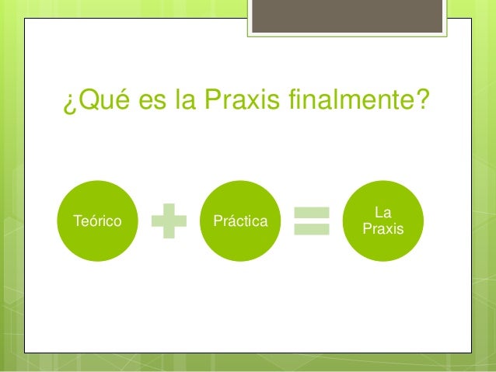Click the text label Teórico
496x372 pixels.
pyautogui.click(x=96, y=221)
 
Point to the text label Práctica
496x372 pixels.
pyautogui.click(x=239, y=221)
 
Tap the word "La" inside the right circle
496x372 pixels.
pyautogui.click(x=382, y=212)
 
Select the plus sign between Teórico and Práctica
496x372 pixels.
pyautogui.click(x=169, y=221)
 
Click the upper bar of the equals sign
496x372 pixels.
pyautogui.click(x=312, y=212)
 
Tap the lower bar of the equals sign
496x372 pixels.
pyautogui.click(x=312, y=230)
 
